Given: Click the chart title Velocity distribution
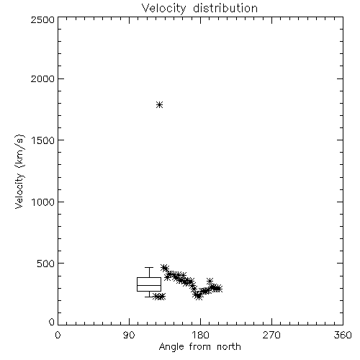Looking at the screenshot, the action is tap(199, 9).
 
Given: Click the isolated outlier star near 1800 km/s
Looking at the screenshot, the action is tap(160, 105).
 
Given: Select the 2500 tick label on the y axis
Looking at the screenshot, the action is tap(42, 19).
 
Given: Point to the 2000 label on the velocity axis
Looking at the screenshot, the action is tap(42, 79).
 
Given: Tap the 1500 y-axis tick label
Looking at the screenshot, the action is tap(43, 140).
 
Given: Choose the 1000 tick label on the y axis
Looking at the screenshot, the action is tap(43, 202).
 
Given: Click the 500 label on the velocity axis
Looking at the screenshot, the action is tap(45, 264).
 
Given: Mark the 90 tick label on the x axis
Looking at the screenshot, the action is tap(129, 335).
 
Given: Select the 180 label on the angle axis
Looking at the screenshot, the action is tap(200, 335).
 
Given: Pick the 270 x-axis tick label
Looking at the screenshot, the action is tap(271, 335).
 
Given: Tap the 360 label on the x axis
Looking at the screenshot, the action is tap(343, 335).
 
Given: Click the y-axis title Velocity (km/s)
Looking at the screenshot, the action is tap(19, 171).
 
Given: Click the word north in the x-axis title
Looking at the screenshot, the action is tap(229, 347).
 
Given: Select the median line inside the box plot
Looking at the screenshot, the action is tap(149, 285).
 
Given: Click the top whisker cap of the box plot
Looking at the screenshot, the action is tap(149, 267).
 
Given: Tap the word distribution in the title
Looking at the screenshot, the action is tap(225, 9).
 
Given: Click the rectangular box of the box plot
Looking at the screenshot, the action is tap(149, 278).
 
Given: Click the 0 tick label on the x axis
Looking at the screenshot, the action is tap(58, 335).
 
